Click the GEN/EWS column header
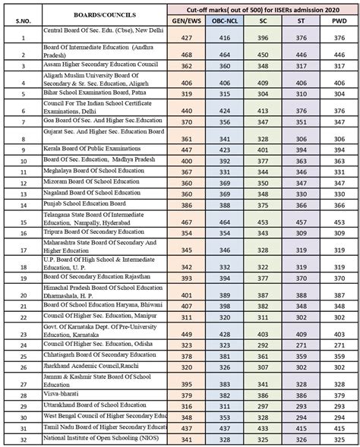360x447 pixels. coord(186,22)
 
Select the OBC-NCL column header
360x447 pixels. coord(225,22)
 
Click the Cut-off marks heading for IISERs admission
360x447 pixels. coord(261,9)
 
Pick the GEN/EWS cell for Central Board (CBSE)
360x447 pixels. coord(186,37)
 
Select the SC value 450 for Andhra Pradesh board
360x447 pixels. coord(262,55)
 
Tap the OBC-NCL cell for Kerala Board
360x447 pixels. coord(225,150)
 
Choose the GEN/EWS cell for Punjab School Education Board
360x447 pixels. coord(186,205)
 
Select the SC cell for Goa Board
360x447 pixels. coord(262,121)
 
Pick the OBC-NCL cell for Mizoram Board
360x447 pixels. coord(225,183)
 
